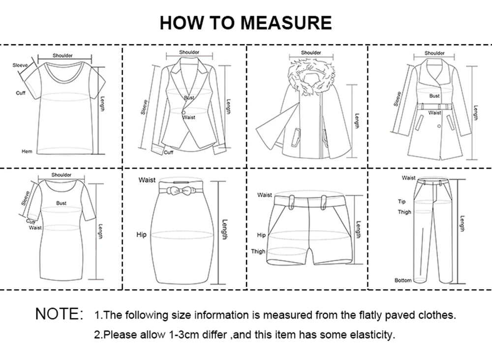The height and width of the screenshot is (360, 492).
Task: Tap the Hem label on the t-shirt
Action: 27,151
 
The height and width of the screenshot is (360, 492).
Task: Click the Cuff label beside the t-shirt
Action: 20,93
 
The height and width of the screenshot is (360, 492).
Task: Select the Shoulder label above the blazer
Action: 189,53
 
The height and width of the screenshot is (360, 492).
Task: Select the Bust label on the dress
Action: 61,203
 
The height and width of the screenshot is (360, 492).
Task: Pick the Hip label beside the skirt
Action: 141,235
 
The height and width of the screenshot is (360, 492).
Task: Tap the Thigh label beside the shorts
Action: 258,251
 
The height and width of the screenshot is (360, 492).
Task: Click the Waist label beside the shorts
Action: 264,195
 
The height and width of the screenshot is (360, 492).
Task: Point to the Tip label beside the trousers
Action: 402,202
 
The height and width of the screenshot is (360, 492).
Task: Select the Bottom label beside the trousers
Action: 403,280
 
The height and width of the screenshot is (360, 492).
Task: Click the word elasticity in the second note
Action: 372,335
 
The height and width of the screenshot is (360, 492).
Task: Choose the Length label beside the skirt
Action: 225,229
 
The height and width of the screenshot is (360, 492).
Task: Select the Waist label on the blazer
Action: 189,118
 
